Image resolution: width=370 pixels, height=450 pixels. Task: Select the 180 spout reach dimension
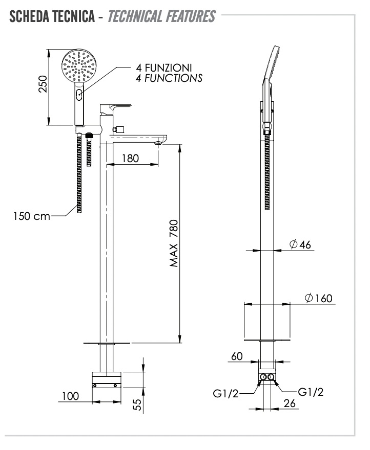(x=131, y=158)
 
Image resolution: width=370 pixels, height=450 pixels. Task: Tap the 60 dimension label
(x=236, y=357)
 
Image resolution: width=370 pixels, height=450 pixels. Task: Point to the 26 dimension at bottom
(x=290, y=404)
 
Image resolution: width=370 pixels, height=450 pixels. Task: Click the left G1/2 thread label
(x=225, y=393)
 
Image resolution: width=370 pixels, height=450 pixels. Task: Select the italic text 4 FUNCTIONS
(x=169, y=78)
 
